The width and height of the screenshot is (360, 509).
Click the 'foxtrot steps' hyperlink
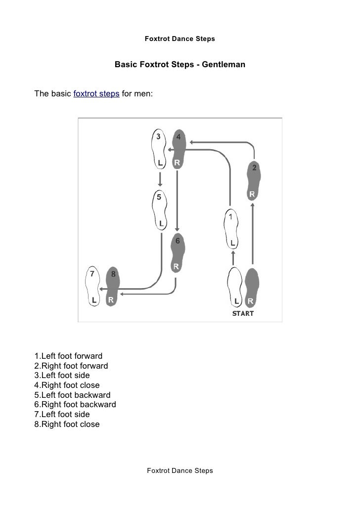tap(96, 93)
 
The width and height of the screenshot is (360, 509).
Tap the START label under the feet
tap(243, 313)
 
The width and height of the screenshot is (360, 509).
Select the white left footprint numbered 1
tap(231, 230)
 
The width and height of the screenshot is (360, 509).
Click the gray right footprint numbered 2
tap(253, 180)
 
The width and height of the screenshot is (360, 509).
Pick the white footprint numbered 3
tap(158, 148)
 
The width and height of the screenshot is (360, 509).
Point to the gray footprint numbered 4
tap(179, 148)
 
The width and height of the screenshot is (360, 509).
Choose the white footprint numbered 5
tap(159, 210)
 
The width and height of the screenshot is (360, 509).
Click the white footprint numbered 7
tap(93, 287)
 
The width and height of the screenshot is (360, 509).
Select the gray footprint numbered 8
tap(112, 287)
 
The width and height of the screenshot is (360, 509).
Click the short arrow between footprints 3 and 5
tap(160, 178)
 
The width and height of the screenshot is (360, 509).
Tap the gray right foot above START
tap(252, 287)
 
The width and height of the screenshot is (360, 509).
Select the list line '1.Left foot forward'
tap(68, 356)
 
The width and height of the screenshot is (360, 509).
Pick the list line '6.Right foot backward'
tap(75, 405)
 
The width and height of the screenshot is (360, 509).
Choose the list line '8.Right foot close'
tap(67, 424)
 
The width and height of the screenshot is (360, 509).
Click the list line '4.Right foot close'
tap(67, 385)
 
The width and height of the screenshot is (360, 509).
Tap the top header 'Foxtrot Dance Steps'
tap(180, 39)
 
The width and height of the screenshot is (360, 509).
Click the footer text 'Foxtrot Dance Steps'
tap(180, 470)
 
